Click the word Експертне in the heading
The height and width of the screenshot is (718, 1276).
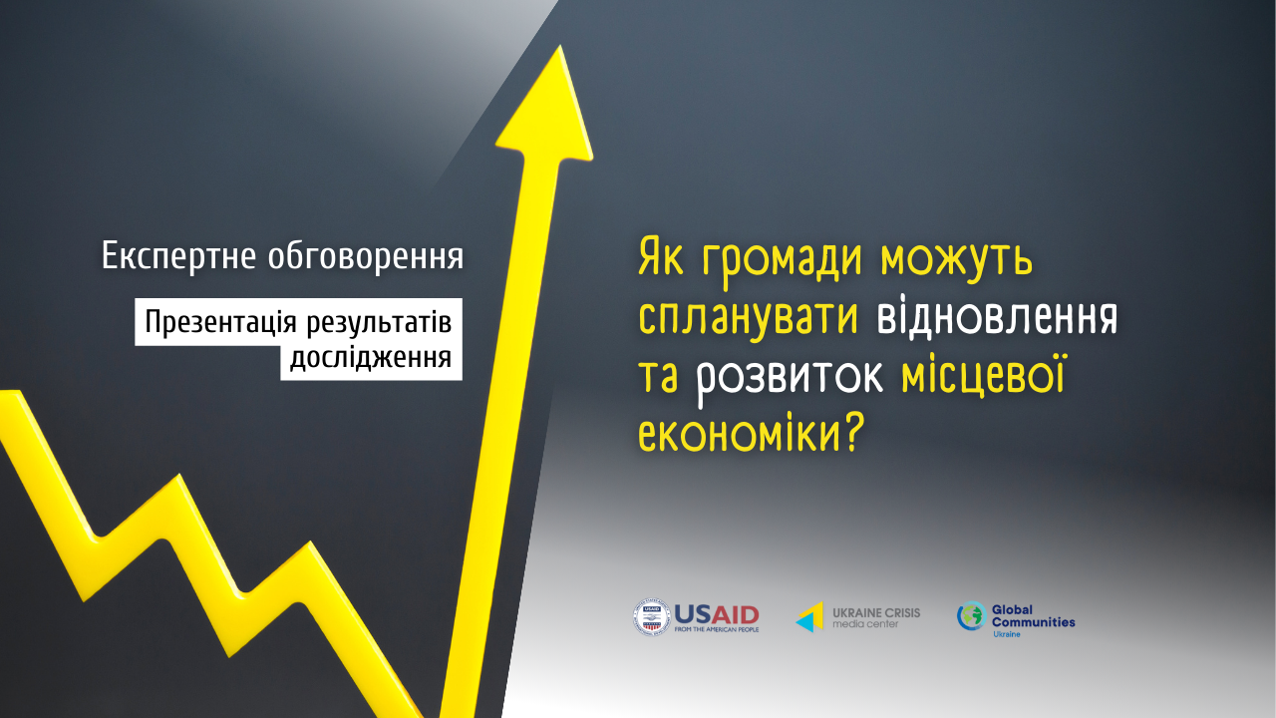pos(178,256)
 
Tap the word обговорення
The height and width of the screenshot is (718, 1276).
pos(366,256)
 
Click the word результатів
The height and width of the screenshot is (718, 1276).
pos(379,323)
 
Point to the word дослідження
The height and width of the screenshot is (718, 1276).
pos(371,359)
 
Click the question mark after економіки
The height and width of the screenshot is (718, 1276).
pos(852,433)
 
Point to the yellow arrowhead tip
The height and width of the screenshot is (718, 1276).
pos(560,46)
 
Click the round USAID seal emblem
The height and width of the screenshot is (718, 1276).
pos(652,617)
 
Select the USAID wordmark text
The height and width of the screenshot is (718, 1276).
pos(717,615)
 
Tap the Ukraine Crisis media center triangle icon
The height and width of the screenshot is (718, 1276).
pos(809,617)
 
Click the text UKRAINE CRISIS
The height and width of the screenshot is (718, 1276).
pos(876,613)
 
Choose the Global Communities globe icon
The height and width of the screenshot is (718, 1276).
pos(971,616)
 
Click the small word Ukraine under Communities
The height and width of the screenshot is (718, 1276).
pos(1007,634)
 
